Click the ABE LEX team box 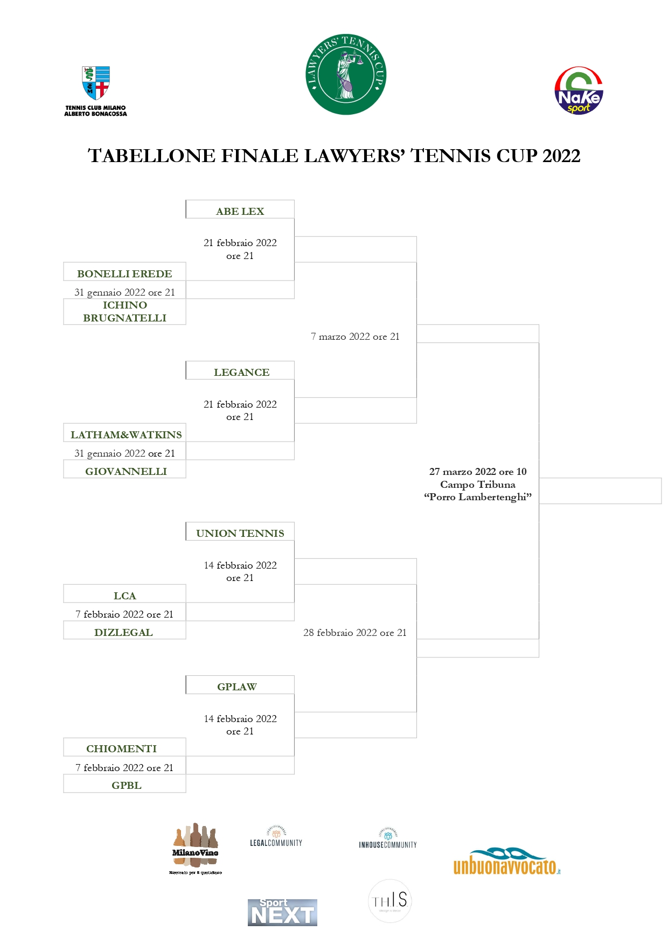tap(240, 211)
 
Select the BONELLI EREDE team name tap(124, 274)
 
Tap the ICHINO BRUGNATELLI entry tap(124, 312)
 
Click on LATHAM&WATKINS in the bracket tap(126, 435)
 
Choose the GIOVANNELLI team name tap(126, 471)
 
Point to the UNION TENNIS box tap(240, 533)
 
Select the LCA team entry tap(124, 596)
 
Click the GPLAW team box tap(237, 687)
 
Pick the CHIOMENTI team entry tap(122, 748)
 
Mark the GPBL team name tap(127, 785)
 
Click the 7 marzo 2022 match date tap(355, 337)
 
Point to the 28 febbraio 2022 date tap(354, 633)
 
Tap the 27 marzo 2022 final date tap(478, 472)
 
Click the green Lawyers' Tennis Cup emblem tap(346, 74)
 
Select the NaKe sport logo tap(579, 90)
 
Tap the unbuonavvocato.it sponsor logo tap(506, 862)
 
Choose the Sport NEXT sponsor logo tap(282, 912)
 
